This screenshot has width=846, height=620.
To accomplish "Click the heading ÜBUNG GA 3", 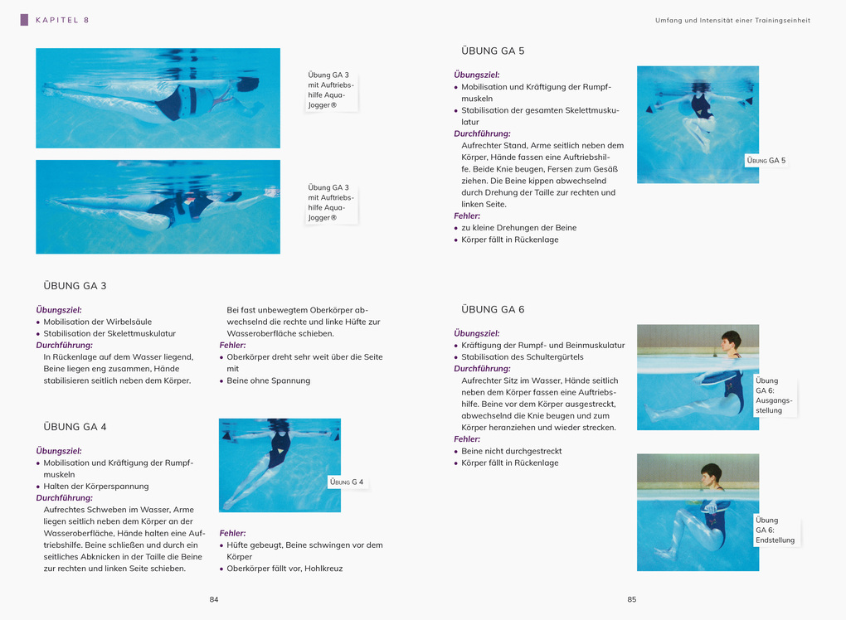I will (75, 286).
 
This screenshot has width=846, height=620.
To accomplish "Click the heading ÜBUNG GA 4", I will (75, 427).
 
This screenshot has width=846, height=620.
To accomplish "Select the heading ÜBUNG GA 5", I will (493, 51).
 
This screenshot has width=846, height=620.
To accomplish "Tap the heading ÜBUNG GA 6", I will (493, 309).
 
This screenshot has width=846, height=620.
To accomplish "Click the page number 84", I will (214, 599).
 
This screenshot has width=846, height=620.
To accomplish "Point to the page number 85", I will (631, 599).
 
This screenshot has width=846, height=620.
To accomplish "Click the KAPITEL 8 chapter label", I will (62, 20).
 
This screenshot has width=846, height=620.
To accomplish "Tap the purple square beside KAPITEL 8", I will (24, 20).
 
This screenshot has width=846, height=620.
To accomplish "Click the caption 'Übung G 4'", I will (347, 482).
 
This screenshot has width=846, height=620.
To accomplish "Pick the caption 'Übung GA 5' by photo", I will (766, 160).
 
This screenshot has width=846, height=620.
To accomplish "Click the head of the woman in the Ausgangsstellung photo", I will (730, 341).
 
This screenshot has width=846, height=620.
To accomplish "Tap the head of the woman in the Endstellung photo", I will (711, 476).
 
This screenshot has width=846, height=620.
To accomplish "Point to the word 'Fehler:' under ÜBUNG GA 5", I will (467, 216).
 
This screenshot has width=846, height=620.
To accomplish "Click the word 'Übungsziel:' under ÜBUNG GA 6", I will (476, 333).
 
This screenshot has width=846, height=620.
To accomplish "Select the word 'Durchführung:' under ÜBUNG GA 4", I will (64, 497).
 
